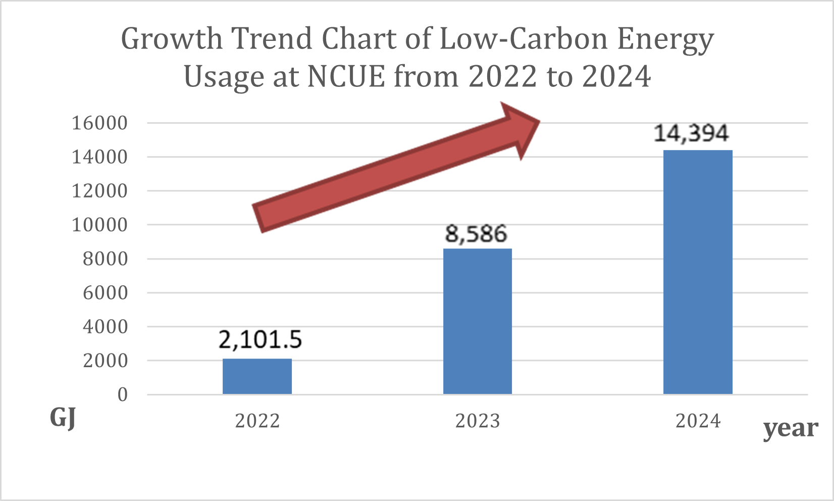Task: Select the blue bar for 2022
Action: pos(257,376)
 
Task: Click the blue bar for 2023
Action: pos(477,321)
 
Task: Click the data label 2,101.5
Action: pos(260,340)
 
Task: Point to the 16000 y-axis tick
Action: pos(99,123)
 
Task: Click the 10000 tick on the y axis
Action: pos(99,225)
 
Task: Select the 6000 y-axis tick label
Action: pos(105,292)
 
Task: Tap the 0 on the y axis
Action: pos(123,394)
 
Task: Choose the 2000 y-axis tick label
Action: pos(105,361)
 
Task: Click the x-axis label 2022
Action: pos(257,421)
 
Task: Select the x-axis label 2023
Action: pos(478,421)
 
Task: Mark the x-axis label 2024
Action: pos(698,421)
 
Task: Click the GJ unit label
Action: pos(63,418)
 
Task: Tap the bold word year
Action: pos(791,429)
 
